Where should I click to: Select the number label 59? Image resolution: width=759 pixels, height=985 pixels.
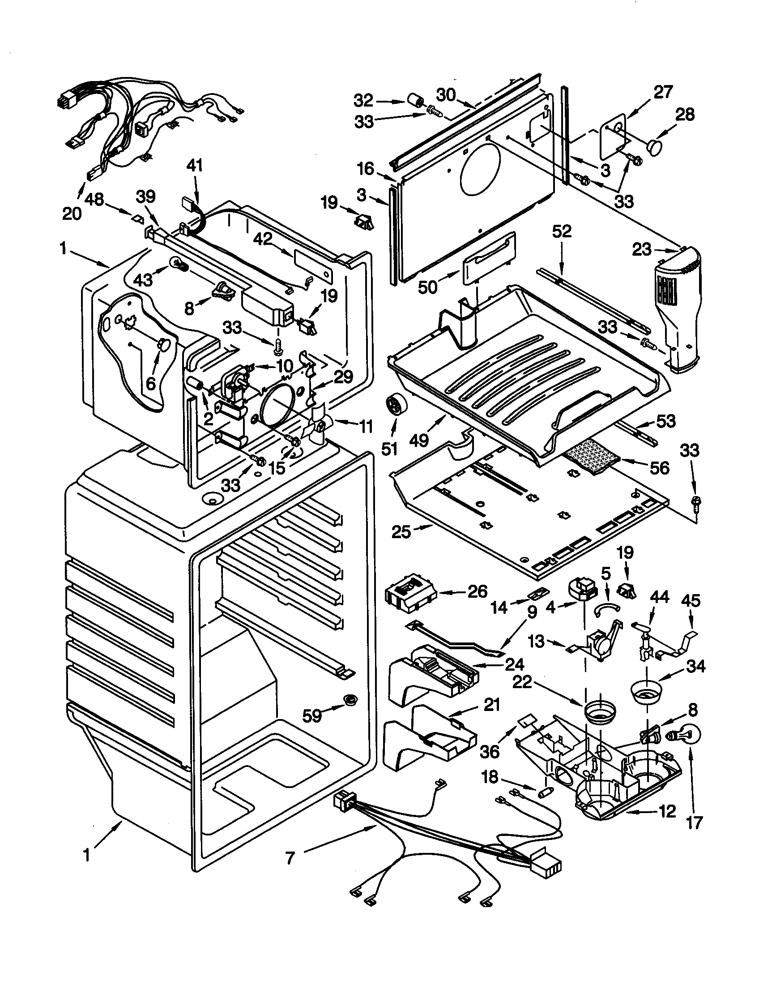(x=312, y=715)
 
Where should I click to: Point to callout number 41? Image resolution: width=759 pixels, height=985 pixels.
(x=194, y=165)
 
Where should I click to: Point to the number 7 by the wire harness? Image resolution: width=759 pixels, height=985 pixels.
(x=290, y=857)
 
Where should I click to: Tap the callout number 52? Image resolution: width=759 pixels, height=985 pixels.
(x=561, y=231)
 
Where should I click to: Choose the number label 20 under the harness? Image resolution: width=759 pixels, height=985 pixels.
(x=72, y=213)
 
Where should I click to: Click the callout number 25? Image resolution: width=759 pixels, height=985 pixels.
(x=401, y=532)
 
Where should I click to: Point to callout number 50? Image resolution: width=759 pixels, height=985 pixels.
(x=427, y=287)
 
